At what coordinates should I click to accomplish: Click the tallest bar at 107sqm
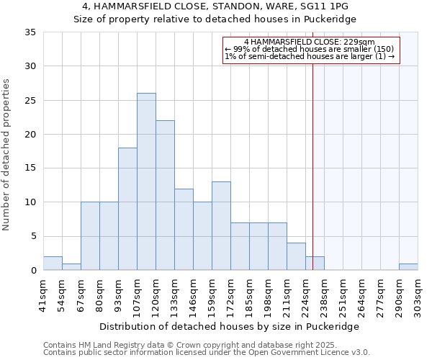(x=146, y=181)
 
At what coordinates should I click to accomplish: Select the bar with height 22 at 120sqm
(x=165, y=195)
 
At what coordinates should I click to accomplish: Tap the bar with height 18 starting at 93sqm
(x=127, y=209)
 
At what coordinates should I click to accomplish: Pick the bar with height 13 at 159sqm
(x=221, y=225)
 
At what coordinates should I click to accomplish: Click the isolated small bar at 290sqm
(x=408, y=267)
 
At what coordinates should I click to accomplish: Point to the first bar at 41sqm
(x=53, y=264)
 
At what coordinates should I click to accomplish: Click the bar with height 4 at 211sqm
(x=296, y=256)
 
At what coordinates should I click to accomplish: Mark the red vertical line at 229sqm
(x=312, y=166)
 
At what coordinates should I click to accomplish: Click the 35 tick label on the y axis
(x=30, y=32)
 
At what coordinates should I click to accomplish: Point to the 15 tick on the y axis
(x=30, y=168)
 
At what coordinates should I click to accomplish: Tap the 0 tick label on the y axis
(x=32, y=271)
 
